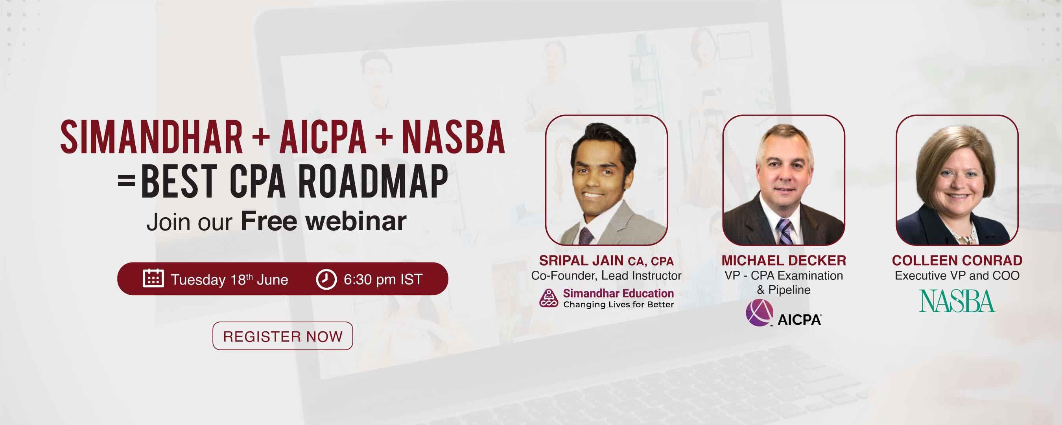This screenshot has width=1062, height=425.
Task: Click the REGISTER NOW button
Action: pyautogui.click(x=282, y=336)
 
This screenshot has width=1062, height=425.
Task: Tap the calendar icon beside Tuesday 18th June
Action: pyautogui.click(x=153, y=278)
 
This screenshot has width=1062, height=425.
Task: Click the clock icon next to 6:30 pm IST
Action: pyautogui.click(x=326, y=279)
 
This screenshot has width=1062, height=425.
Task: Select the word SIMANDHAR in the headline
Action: pyautogui.click(x=152, y=137)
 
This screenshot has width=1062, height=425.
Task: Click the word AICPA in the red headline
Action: pyautogui.click(x=323, y=137)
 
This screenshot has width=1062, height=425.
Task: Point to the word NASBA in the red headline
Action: pyautogui.click(x=453, y=137)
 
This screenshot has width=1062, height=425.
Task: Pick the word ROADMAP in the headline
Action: pyautogui.click(x=373, y=182)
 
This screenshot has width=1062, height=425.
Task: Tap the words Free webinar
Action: pyautogui.click(x=324, y=221)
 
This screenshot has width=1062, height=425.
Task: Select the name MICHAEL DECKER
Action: pyautogui.click(x=784, y=261)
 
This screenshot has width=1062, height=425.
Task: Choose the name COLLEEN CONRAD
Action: pyautogui.click(x=957, y=261)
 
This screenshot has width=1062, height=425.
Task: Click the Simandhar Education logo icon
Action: pyautogui.click(x=549, y=298)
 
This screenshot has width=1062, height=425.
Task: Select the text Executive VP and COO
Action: pyautogui.click(x=957, y=275)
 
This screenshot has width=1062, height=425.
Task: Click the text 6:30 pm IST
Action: pyautogui.click(x=383, y=279)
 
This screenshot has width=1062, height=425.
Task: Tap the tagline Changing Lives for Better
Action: pyautogui.click(x=618, y=305)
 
